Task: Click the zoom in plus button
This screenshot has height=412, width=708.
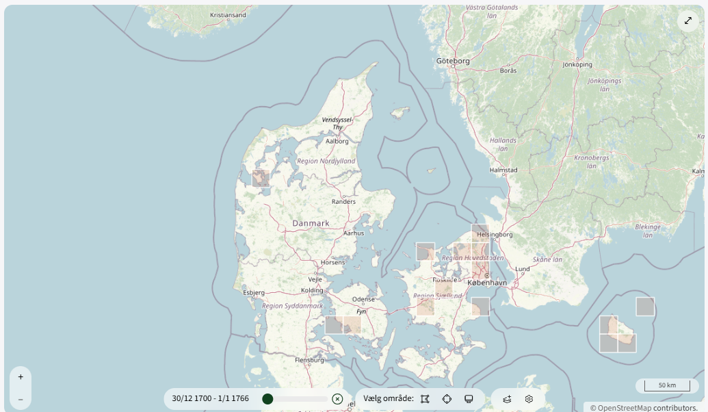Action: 21,376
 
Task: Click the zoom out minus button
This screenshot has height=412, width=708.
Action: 21,399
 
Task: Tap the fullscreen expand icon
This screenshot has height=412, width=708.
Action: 688,21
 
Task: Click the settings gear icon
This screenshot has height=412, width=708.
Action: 529,398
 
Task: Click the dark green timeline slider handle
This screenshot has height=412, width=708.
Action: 267,398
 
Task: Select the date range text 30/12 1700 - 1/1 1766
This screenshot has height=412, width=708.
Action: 211,398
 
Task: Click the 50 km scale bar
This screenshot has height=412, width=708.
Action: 666,385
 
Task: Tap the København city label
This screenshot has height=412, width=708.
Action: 487,282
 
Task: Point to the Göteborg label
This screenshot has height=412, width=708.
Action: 453,61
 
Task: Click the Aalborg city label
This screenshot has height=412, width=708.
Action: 337,141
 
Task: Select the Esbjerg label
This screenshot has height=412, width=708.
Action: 253,292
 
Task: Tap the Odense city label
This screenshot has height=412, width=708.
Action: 363,299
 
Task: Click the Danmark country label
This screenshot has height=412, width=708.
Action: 311,223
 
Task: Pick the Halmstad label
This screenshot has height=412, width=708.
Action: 503,170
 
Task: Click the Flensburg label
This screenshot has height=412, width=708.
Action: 309,359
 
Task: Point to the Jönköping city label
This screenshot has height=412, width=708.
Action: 577,65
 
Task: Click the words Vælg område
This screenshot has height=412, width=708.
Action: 389,398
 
